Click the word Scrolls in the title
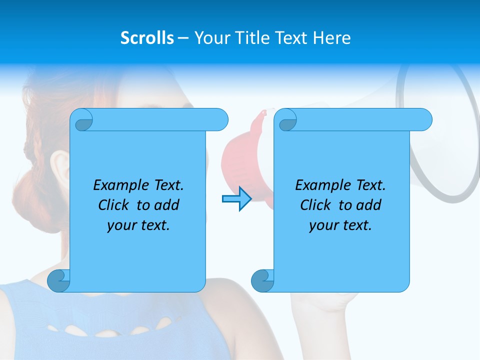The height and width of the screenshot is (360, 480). point(147,38)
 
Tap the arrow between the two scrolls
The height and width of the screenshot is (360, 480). point(236,199)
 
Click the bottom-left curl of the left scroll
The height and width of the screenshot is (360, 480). point(58,280)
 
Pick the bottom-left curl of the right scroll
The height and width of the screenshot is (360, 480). point(262,280)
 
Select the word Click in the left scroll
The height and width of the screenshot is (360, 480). point(114,205)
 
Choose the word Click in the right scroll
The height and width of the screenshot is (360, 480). point(316,205)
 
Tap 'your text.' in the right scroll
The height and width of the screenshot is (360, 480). point(340,225)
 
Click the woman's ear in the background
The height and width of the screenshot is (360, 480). point(59,167)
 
